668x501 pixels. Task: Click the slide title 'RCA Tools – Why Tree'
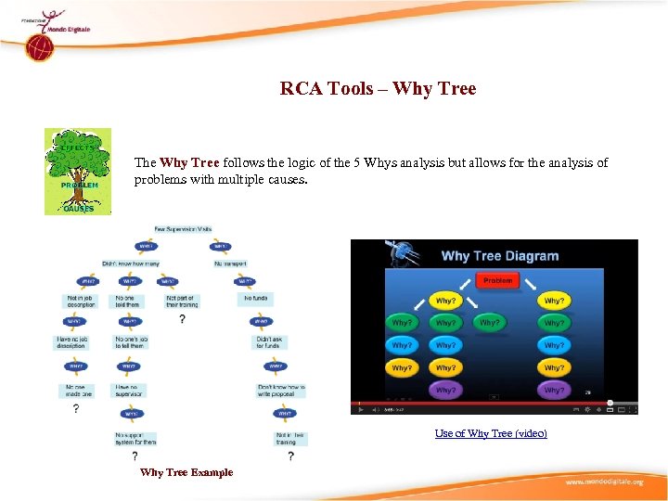click(x=378, y=89)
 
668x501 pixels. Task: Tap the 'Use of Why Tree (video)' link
click(x=491, y=433)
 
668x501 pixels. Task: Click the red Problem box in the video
click(x=497, y=280)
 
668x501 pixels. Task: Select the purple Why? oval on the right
click(x=554, y=390)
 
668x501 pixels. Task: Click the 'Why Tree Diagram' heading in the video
click(x=499, y=256)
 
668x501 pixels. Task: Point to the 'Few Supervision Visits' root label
click(x=183, y=228)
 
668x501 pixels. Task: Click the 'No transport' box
click(x=230, y=263)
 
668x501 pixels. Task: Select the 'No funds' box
click(x=256, y=299)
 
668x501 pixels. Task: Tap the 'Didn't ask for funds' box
click(x=269, y=342)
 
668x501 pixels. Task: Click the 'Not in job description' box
click(x=81, y=302)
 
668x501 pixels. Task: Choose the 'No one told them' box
click(x=127, y=302)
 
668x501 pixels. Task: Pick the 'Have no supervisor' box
click(x=129, y=391)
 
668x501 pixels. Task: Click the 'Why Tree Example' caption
click(x=186, y=472)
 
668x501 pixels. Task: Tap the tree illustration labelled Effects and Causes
click(x=78, y=172)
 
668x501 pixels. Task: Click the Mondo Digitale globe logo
click(x=38, y=46)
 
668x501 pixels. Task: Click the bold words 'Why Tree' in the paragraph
click(x=189, y=162)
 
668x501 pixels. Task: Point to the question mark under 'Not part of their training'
click(x=182, y=319)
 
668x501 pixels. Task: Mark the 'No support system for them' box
click(x=135, y=438)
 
